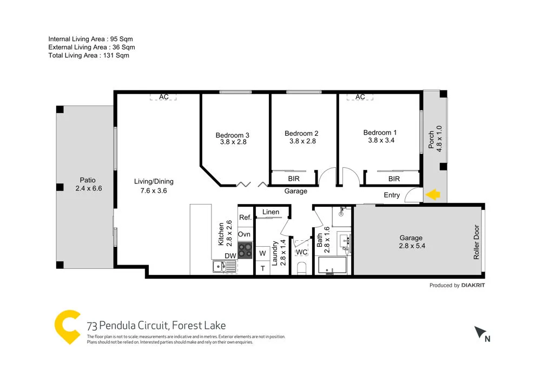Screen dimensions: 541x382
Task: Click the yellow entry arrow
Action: point(433,195)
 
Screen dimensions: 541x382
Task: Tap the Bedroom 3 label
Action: point(232,135)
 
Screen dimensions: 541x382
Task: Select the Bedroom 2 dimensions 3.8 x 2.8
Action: point(302,141)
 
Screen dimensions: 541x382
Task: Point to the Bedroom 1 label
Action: point(380,133)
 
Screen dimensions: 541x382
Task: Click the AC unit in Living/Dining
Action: point(164,97)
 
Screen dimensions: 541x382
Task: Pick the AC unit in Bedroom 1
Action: point(360,97)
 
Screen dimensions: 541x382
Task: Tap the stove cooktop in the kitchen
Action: point(245,250)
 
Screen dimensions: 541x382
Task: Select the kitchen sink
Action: point(221,266)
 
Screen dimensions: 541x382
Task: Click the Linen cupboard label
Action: point(271,212)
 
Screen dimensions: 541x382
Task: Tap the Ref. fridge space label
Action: point(245,218)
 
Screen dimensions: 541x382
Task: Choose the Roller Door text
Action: point(477,242)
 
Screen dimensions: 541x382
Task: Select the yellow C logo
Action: point(68,326)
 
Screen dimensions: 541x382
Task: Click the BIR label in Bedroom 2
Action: point(293,179)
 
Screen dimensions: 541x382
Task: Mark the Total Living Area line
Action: point(89,55)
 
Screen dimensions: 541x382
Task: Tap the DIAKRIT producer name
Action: point(473,285)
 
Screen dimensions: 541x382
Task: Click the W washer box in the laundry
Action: point(262,253)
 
